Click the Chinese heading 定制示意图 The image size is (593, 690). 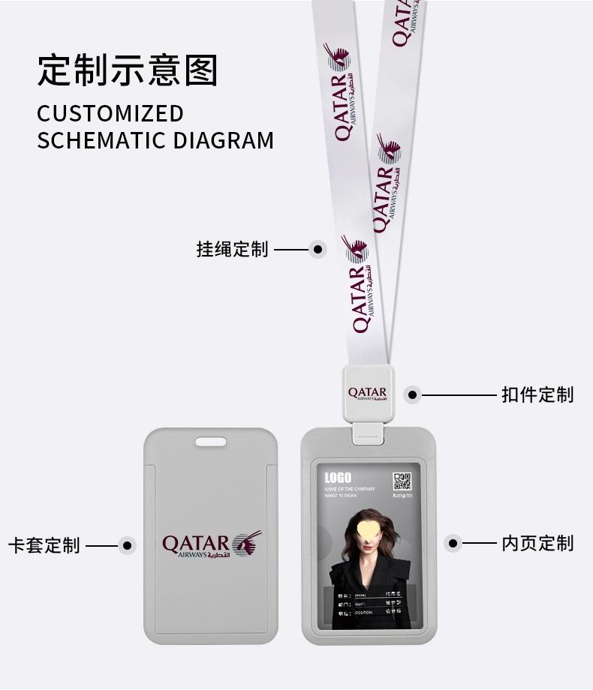tap(128, 70)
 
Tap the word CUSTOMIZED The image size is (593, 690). tap(110, 113)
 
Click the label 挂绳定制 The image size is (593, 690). tap(232, 249)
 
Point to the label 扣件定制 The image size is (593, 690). tap(537, 394)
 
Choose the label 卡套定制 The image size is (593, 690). tap(44, 545)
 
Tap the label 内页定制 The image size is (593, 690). tap(537, 543)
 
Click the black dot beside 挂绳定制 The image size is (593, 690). tap(318, 249)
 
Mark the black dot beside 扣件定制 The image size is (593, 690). tap(412, 394)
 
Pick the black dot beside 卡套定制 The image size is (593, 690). tap(127, 545)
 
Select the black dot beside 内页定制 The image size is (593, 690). tap(453, 543)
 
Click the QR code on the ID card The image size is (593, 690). tap(403, 481)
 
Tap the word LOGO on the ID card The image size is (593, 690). tap(338, 478)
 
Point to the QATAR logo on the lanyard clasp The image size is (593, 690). tap(367, 394)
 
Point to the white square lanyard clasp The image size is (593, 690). tap(367, 394)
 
